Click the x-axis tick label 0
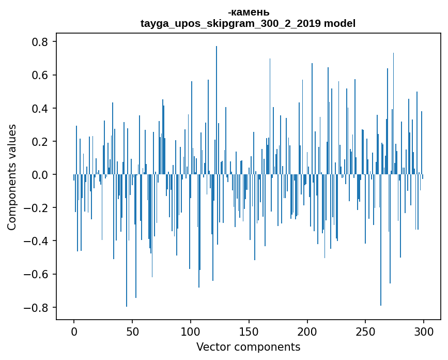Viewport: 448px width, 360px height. pyautogui.click(x=74, y=331)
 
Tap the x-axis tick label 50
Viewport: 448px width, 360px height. pyautogui.click(x=132, y=331)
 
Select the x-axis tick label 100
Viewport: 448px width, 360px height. pyautogui.click(x=191, y=331)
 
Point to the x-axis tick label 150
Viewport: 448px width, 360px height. pyautogui.click(x=249, y=331)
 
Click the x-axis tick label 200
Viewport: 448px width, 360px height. pyautogui.click(x=307, y=331)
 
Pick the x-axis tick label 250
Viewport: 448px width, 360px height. pyautogui.click(x=365, y=331)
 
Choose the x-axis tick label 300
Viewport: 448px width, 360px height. pyautogui.click(x=424, y=331)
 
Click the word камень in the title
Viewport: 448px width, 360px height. pyautogui.click(x=250, y=12)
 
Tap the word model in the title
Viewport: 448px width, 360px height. pyautogui.click(x=339, y=23)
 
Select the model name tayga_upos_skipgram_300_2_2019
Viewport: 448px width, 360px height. pyautogui.click(x=230, y=23)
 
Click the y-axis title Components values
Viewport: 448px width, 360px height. pyautogui.click(x=12, y=177)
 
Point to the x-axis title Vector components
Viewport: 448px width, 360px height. pyautogui.click(x=248, y=347)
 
